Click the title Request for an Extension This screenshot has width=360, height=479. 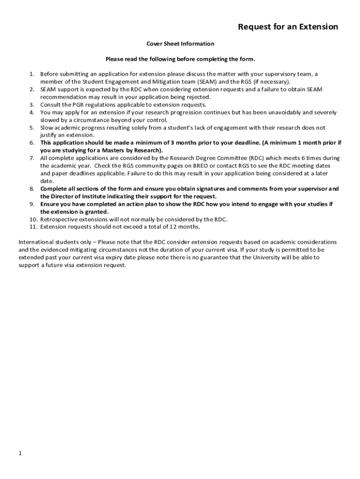288,27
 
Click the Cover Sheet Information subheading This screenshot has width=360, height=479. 180,44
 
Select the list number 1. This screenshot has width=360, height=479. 31,74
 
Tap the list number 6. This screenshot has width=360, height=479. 31,143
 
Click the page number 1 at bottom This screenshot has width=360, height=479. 21,453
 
